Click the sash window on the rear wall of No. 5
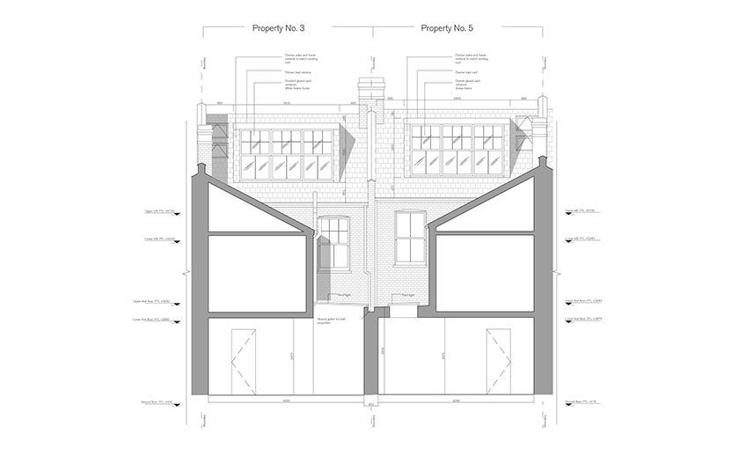[x=411, y=238]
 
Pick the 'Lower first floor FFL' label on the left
[x=156, y=320]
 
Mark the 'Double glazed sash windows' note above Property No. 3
[x=296, y=86]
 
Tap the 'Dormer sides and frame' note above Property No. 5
[x=470, y=58]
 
